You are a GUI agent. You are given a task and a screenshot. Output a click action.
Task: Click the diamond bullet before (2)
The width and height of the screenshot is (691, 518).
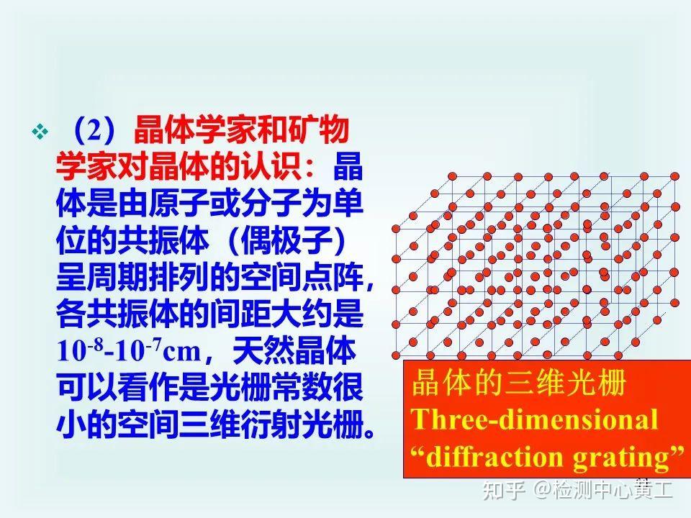click(x=40, y=132)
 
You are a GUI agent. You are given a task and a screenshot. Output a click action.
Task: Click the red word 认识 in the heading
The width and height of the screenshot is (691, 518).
click(x=280, y=167)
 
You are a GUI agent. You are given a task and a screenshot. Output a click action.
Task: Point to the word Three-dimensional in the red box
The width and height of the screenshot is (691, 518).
click(x=534, y=419)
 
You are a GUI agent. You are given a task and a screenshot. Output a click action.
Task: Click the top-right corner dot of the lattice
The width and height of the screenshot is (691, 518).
click(x=674, y=176)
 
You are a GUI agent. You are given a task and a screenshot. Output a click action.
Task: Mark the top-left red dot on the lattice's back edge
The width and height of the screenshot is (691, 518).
click(x=453, y=176)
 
